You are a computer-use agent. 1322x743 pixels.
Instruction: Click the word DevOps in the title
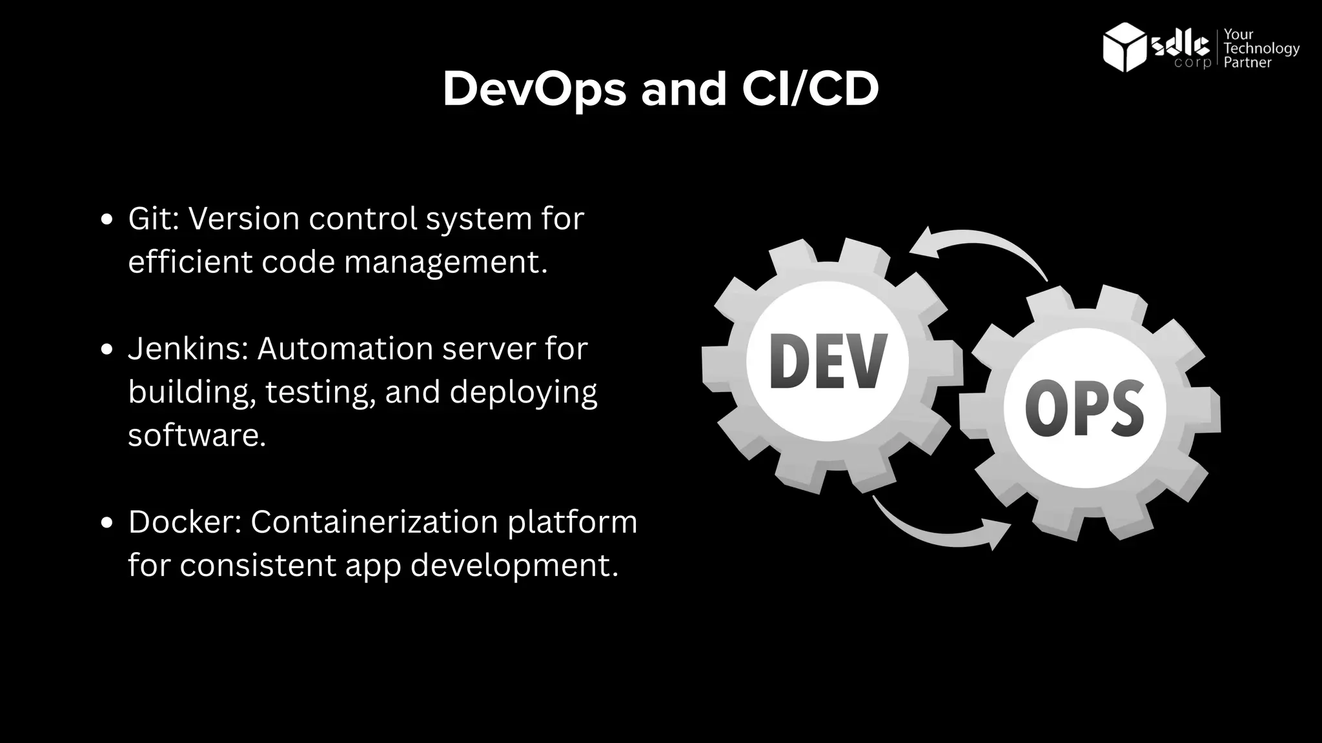pos(534,89)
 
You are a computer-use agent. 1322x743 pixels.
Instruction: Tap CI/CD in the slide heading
pos(810,89)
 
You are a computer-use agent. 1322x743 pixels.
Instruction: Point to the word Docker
pos(184,522)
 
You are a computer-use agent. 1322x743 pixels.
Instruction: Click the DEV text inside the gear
pos(828,362)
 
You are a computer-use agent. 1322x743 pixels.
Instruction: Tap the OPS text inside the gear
pos(1084,409)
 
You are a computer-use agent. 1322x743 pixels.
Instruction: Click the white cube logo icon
pos(1125,46)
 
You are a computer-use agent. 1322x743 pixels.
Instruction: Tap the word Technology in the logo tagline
pos(1261,48)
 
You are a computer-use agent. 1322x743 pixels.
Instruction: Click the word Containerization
pos(374,522)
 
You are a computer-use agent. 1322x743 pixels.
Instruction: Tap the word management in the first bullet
pos(445,263)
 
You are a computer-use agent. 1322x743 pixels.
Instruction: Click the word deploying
pos(524,392)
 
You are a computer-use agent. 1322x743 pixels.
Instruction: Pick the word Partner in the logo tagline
pos(1247,63)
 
